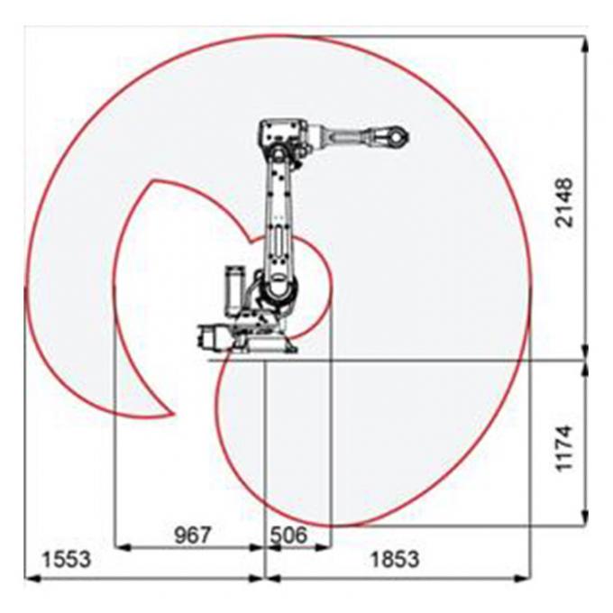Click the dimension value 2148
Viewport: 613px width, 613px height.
tap(564, 203)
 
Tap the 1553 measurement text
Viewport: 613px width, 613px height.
tap(65, 560)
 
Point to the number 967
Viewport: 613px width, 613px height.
tap(191, 535)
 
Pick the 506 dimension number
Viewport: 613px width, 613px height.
tap(288, 535)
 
